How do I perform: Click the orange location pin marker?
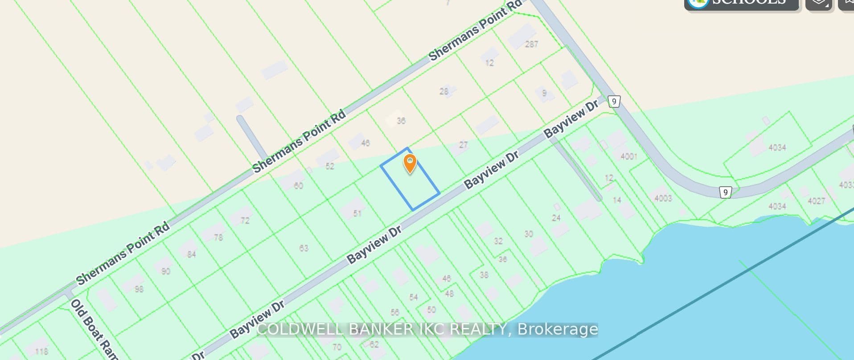pyautogui.click(x=410, y=164)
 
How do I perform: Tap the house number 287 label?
pyautogui.click(x=531, y=44)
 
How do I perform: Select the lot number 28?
pyautogui.click(x=444, y=91)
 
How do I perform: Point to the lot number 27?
pyautogui.click(x=464, y=145)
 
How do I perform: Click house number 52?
pyautogui.click(x=330, y=166)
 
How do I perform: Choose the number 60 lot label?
pyautogui.click(x=298, y=185)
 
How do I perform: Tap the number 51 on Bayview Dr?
pyautogui.click(x=357, y=213)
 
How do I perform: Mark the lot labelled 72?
pyautogui.click(x=245, y=221)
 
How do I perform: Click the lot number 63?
pyautogui.click(x=304, y=248)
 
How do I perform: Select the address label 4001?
pyautogui.click(x=628, y=156)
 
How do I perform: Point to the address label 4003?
pyautogui.click(x=663, y=198)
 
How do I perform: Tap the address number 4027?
pyautogui.click(x=816, y=201)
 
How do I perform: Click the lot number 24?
pyautogui.click(x=556, y=218)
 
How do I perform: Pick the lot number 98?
pyautogui.click(x=139, y=289)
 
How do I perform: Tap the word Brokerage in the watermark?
pyautogui.click(x=558, y=329)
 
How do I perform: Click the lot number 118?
pyautogui.click(x=41, y=352)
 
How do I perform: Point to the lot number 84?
pyautogui.click(x=191, y=254)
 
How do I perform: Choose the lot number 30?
pyautogui.click(x=529, y=234)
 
